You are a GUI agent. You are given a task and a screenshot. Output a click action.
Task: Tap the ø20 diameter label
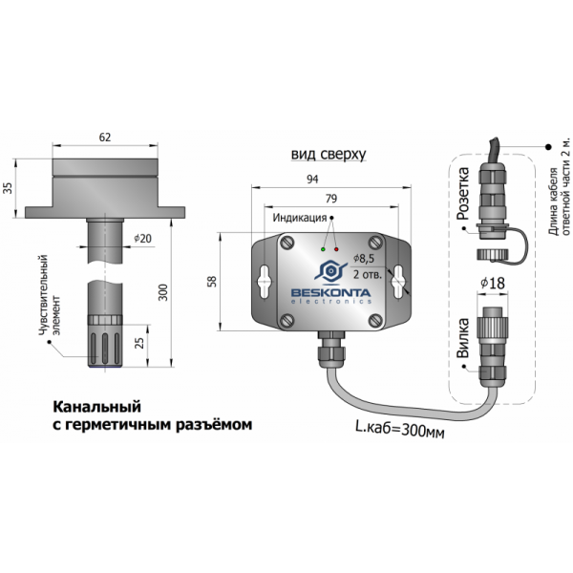(x=143, y=239)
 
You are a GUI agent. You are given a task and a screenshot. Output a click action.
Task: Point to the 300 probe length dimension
(x=163, y=291)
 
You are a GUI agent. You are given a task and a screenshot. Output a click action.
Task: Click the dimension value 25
(x=141, y=342)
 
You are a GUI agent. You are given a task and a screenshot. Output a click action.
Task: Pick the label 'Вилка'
(x=463, y=342)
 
